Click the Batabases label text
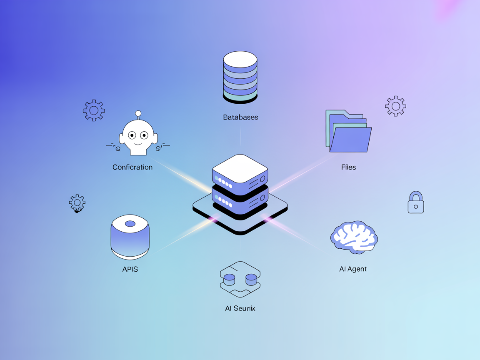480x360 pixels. [x=240, y=117]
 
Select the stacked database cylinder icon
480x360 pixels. [x=240, y=77]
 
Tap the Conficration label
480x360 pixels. [x=132, y=167]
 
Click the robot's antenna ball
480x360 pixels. [x=138, y=113]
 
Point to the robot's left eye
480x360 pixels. [x=132, y=135]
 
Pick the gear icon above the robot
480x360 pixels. [x=94, y=110]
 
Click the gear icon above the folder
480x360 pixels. [x=395, y=106]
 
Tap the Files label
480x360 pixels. [x=348, y=167]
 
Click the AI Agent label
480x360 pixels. [x=353, y=269]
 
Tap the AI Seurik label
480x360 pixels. [x=240, y=308]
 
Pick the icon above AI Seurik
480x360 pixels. [x=240, y=279]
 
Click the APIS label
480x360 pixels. [x=130, y=269]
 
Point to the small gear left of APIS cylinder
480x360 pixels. [x=77, y=203]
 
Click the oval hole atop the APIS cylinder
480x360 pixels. [x=130, y=224]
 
